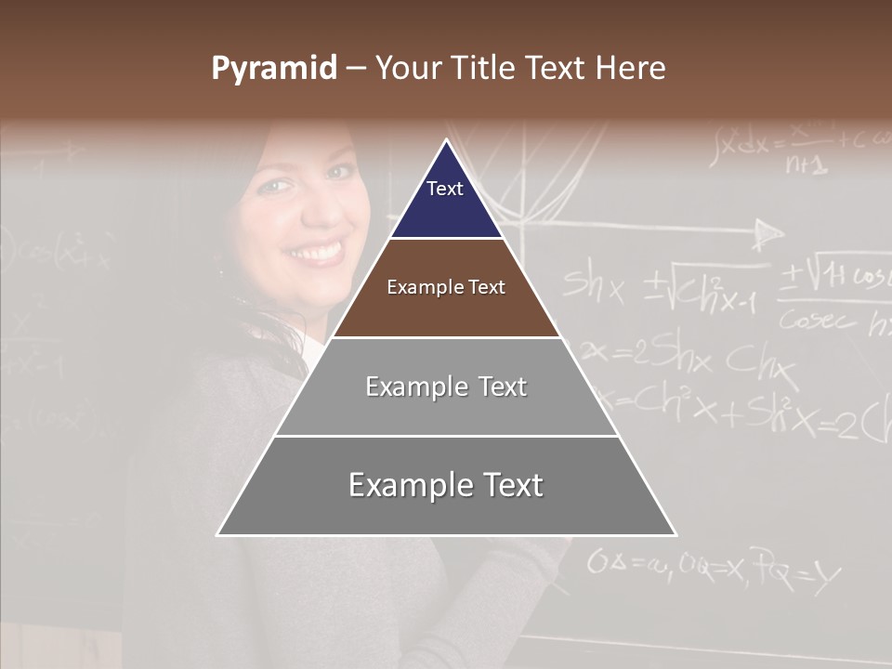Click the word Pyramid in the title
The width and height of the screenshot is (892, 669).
(x=273, y=69)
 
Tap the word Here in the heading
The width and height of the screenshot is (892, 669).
(x=631, y=68)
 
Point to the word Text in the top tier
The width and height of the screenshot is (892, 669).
(x=445, y=189)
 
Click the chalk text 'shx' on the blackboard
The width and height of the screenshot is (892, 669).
(x=594, y=288)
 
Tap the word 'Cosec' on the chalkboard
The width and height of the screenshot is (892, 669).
(x=818, y=321)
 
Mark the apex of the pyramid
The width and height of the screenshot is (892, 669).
(x=446, y=140)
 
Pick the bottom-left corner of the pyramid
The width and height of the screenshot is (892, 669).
(x=217, y=534)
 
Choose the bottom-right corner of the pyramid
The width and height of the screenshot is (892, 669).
(x=676, y=534)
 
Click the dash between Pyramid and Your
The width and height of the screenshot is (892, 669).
(x=356, y=69)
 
